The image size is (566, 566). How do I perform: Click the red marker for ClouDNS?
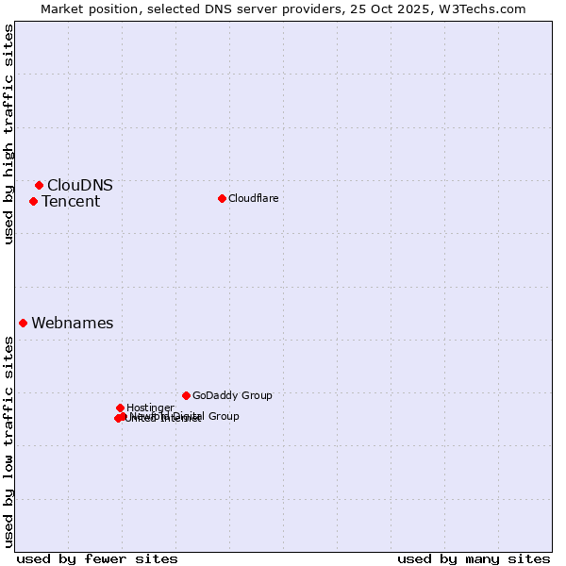(39, 185)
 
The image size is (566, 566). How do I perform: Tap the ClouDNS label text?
(80, 185)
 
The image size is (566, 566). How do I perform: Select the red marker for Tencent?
(33, 201)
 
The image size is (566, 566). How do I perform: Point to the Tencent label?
(71, 201)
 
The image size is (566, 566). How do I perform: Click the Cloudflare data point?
(222, 198)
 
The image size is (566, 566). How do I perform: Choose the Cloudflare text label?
(254, 198)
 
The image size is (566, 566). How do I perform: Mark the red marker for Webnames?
(24, 323)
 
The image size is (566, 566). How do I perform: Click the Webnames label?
(73, 323)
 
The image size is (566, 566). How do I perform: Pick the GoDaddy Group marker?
(186, 395)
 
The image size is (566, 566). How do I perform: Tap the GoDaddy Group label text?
(232, 395)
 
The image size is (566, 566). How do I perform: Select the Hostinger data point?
(120, 408)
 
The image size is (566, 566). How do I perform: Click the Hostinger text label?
(150, 408)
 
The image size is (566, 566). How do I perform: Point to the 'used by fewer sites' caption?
(97, 558)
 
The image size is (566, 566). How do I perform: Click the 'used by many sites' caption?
(474, 558)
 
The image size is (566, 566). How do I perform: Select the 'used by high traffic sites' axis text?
(8, 134)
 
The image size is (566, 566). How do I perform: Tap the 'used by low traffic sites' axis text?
(8, 441)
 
